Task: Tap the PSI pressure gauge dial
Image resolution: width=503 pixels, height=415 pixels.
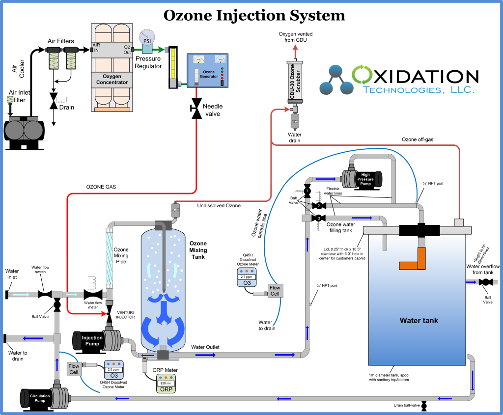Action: point(146,38)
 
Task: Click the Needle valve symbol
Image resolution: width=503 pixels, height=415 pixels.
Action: point(196,108)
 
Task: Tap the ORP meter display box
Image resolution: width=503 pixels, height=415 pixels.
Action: point(166,382)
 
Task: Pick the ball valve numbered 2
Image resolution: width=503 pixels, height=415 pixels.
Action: point(318,205)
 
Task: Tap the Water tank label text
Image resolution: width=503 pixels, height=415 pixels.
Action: point(419,321)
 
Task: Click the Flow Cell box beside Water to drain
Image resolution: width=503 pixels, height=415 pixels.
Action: point(275,291)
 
